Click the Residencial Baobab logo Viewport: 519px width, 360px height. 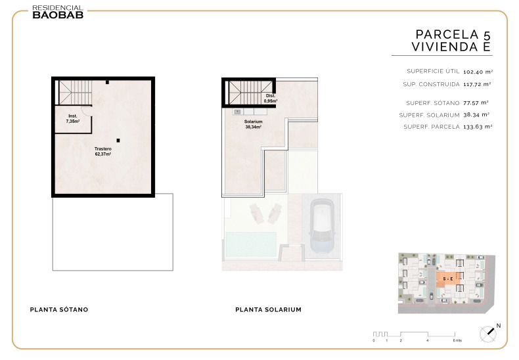point(58,12)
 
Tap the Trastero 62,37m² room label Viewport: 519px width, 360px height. point(103,152)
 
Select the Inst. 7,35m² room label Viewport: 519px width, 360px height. point(73,119)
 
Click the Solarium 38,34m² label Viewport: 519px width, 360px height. point(253,124)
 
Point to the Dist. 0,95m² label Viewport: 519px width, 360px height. point(271,99)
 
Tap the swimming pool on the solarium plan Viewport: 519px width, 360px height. point(251,244)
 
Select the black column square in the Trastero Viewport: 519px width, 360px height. point(118,141)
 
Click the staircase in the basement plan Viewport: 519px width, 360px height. point(75,93)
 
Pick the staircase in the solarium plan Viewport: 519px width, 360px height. point(250,93)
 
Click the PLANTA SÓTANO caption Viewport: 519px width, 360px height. point(59,309)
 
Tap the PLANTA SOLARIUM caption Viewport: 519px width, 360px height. point(269,309)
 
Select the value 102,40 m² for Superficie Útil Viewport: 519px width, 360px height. point(478,72)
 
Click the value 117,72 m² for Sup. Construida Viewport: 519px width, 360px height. point(477,84)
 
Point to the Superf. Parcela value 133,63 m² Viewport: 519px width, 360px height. point(478,127)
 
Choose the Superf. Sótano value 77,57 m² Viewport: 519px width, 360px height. point(476,103)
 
